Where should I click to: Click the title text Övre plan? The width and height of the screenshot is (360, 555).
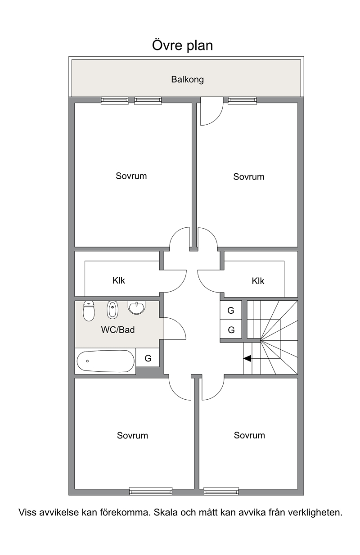coord(182,45)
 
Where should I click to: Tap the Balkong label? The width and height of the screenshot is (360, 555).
coord(187,80)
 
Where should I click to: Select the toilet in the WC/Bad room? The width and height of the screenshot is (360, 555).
coord(89,311)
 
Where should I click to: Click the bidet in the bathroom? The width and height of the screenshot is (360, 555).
coord(112,310)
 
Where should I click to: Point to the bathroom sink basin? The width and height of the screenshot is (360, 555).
coord(136,307)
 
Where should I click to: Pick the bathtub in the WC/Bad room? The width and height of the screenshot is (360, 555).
coord(106,361)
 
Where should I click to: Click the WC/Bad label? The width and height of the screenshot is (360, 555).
coord(118,330)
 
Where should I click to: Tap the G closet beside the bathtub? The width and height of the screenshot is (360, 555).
coord(148,357)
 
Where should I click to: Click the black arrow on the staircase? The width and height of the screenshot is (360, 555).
coord(247,358)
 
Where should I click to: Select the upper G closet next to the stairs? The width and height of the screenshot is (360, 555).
coord(231,310)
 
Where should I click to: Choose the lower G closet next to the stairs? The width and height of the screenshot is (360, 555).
coord(231,329)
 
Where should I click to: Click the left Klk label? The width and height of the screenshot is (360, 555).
coord(119,280)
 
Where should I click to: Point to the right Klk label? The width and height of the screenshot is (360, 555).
coord(258,281)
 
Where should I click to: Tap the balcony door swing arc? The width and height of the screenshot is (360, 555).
coord(217,118)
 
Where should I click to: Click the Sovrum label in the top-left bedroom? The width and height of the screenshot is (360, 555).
coord(131,176)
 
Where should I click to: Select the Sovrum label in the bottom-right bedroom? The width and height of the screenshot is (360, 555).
coord(249,435)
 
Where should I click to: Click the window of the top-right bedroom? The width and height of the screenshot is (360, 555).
coord(242,100)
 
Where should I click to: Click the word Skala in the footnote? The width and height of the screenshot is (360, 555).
coord(166,512)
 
